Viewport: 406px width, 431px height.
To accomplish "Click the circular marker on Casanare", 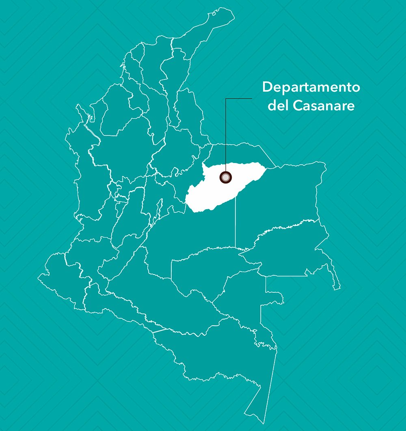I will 225,177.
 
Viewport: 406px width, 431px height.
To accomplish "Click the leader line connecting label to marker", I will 226,134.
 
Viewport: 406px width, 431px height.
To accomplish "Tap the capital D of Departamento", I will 267,87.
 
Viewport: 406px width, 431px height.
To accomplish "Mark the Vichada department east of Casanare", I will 280,199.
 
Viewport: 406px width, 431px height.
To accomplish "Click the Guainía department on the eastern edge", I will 292,251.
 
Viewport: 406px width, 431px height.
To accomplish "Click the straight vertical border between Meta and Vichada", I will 235,223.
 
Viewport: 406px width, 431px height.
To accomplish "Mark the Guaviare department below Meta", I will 203,272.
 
